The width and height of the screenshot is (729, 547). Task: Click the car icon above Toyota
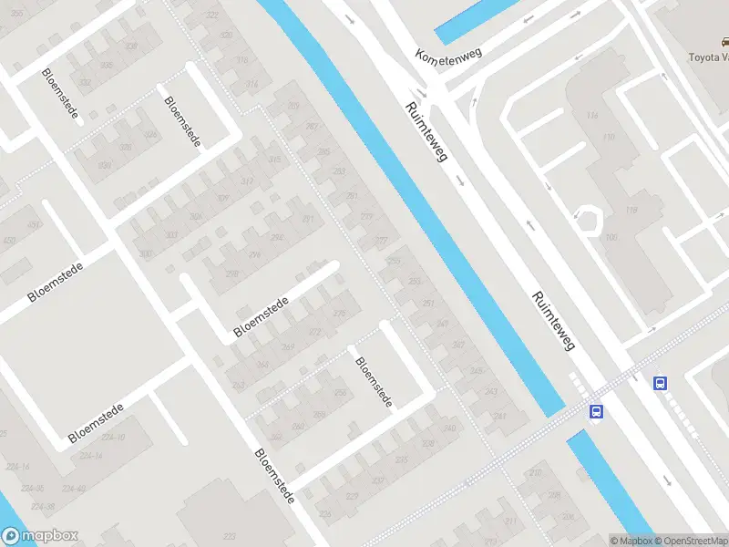click(725, 42)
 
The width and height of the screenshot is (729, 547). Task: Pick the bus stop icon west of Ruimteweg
click(596, 411)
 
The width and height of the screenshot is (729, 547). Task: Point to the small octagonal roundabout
click(589, 220)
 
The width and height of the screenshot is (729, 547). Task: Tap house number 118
click(631, 210)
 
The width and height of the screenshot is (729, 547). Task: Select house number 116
click(593, 115)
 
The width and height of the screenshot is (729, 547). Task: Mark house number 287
click(313, 126)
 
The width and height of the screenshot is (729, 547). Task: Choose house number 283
click(340, 171)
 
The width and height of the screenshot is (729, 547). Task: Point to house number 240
click(448, 428)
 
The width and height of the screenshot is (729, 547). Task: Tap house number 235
click(400, 460)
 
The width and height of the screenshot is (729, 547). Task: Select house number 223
click(229, 537)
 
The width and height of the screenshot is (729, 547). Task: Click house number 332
click(85, 83)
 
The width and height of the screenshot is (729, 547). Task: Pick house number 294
click(276, 238)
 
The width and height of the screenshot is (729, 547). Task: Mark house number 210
click(535, 472)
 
